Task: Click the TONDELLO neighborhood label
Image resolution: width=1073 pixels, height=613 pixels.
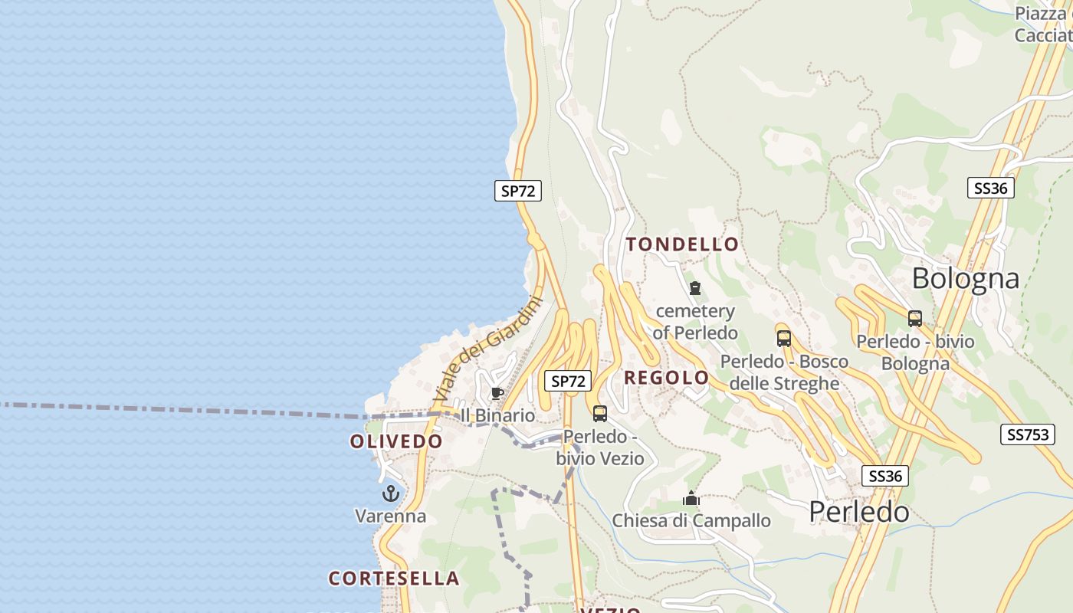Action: click(x=682, y=244)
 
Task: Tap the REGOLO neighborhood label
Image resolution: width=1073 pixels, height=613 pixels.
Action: click(x=666, y=378)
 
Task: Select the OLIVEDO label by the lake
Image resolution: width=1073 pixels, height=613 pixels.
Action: click(x=396, y=441)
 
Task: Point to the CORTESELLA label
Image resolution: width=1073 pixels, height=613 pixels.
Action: click(x=394, y=579)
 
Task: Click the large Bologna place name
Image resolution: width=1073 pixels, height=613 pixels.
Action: click(x=966, y=279)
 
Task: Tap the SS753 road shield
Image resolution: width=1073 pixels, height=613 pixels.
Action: click(x=1027, y=434)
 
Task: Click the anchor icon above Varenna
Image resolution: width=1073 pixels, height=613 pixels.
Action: click(x=391, y=493)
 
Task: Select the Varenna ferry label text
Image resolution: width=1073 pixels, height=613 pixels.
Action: click(x=390, y=516)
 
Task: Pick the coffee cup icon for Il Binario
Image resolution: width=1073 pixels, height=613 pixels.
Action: click(x=497, y=394)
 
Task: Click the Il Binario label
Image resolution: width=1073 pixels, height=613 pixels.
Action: click(x=497, y=416)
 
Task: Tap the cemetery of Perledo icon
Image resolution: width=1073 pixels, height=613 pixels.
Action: click(x=694, y=289)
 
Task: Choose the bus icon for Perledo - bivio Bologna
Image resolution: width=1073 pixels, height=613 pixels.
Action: click(x=914, y=319)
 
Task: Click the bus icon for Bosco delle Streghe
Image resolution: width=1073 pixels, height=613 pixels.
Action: click(x=783, y=338)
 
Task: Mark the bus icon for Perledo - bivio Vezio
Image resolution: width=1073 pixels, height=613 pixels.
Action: click(x=599, y=414)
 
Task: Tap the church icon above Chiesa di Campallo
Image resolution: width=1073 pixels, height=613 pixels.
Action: click(x=691, y=499)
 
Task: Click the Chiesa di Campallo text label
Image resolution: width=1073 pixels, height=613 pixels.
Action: click(x=691, y=521)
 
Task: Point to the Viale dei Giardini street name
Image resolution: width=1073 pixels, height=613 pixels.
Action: click(x=488, y=349)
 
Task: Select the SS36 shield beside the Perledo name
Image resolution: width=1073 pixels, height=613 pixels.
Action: click(x=885, y=476)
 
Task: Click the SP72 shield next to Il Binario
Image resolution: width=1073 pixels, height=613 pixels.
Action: click(x=568, y=381)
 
